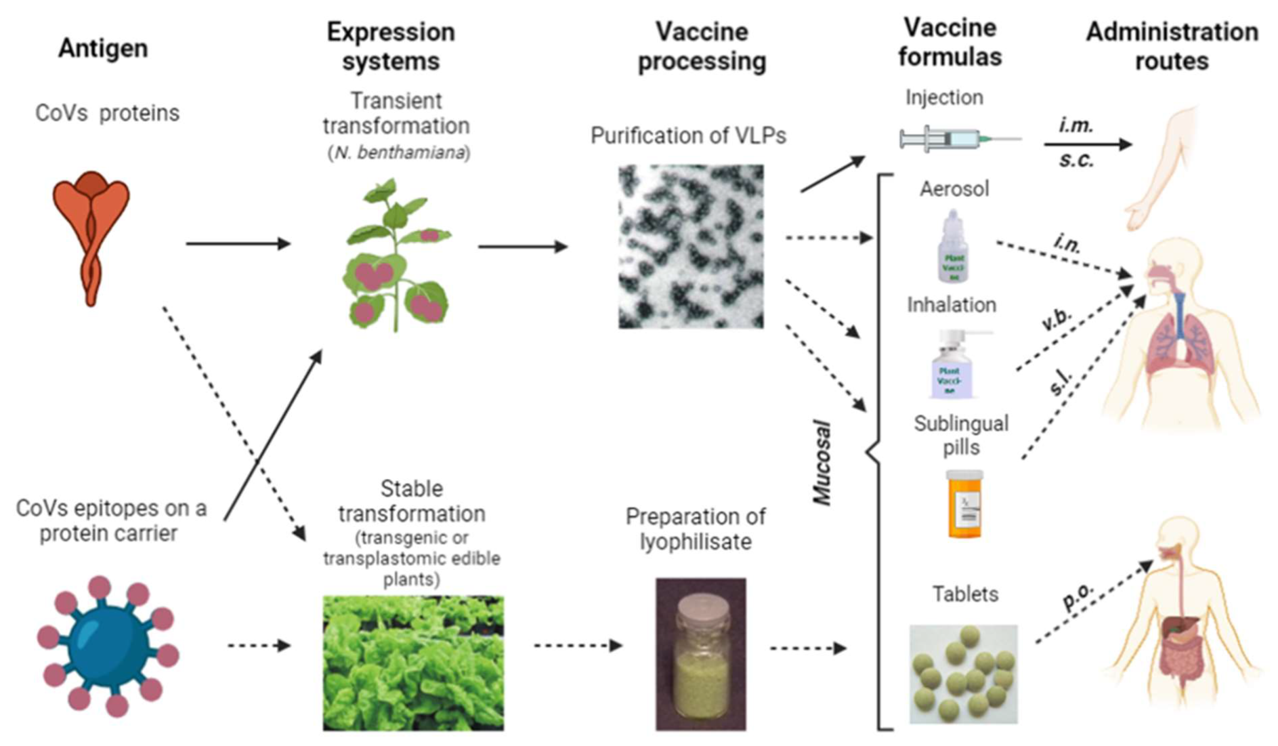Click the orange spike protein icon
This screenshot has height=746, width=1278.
click(x=91, y=236)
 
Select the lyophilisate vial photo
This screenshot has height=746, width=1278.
click(x=701, y=654)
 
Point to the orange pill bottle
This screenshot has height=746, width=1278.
click(x=964, y=504)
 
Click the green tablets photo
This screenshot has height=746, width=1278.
click(x=963, y=674)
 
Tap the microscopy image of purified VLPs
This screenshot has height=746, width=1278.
click(x=691, y=247)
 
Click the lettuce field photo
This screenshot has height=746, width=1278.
click(x=413, y=663)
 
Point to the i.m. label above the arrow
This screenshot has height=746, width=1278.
click(x=1075, y=126)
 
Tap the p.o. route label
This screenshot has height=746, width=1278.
click(x=1078, y=598)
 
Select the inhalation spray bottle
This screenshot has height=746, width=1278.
click(x=953, y=365)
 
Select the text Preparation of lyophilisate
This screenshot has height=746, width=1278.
click(x=695, y=529)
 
